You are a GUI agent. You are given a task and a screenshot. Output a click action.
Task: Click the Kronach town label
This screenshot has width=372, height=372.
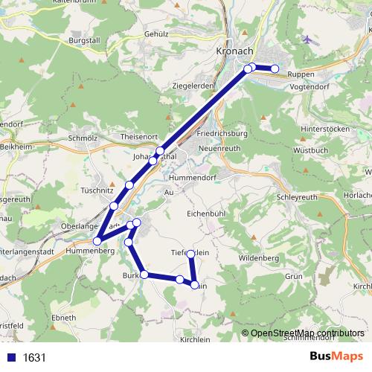click(234, 51)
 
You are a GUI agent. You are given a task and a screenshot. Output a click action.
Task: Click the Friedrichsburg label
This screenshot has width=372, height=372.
click(222, 134)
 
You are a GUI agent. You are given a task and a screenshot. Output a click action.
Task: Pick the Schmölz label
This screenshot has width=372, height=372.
click(83, 138)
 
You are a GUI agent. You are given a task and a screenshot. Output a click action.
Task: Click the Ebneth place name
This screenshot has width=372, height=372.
click(63, 318)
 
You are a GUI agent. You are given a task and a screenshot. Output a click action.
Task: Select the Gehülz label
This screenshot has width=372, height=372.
click(158, 33)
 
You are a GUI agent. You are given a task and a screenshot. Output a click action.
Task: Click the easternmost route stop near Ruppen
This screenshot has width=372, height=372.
click(275, 69)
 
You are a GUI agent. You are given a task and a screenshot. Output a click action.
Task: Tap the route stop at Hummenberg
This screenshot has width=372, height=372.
click(97, 240)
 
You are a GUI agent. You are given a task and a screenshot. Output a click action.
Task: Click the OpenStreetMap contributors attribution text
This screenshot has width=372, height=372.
click(307, 333)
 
